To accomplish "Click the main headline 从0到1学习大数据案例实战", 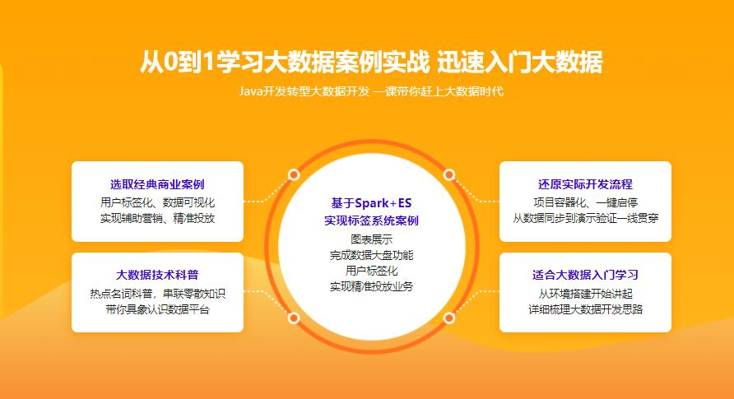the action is click(285, 63).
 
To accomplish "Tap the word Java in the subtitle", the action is click(250, 91).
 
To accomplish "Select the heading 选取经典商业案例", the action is click(157, 184).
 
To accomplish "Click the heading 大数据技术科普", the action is click(157, 275).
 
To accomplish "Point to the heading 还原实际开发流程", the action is click(585, 184).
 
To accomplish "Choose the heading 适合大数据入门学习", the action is click(585, 275).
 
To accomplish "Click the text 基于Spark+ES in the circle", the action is click(371, 203).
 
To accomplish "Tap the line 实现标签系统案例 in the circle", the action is click(371, 220).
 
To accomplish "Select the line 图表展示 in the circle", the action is click(372, 239).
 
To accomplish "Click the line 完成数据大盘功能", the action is click(372, 255).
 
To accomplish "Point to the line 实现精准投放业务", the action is click(372, 286).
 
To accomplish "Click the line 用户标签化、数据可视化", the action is click(157, 202).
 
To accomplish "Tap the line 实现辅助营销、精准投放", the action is click(157, 218).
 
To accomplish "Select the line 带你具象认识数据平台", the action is click(157, 309).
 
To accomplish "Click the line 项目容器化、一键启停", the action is click(585, 202).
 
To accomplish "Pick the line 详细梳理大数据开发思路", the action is click(585, 309).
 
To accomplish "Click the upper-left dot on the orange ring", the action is click(294, 175).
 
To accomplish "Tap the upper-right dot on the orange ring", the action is click(449, 175).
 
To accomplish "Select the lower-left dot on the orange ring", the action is click(294, 318).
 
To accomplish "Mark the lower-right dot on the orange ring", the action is click(449, 318).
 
